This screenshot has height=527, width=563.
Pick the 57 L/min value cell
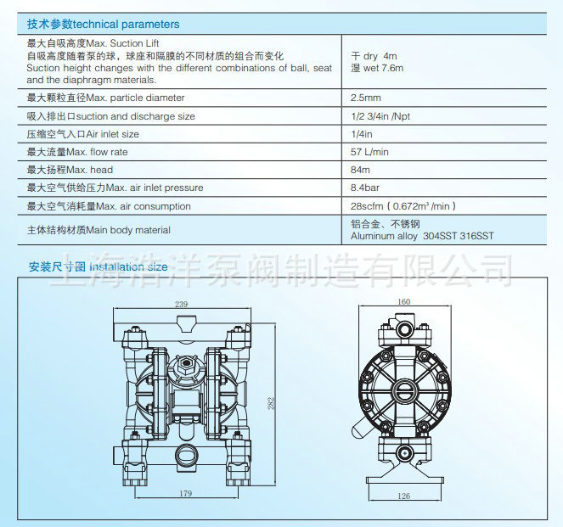point(369,152)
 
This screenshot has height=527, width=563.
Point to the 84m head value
point(362,170)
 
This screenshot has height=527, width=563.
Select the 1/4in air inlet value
point(362,134)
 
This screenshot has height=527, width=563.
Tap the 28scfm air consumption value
point(404,206)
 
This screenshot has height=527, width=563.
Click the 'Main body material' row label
point(99,230)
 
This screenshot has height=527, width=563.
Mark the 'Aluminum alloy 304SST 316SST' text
point(422,237)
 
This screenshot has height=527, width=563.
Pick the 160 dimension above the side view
point(403,302)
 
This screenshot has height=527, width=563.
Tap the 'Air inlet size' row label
point(83,134)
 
